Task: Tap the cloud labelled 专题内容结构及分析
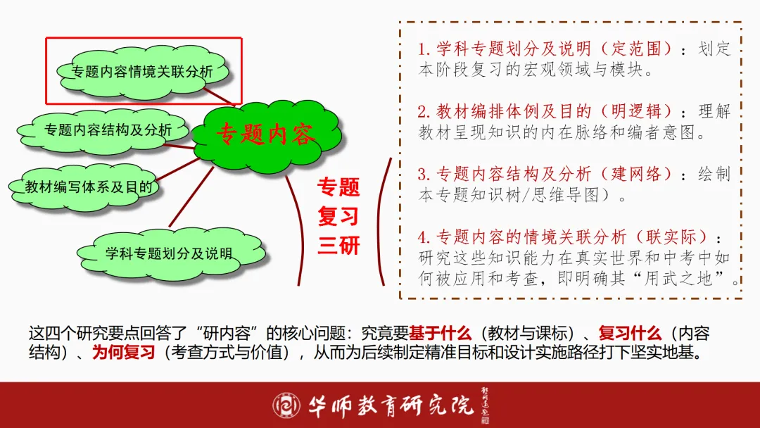(107, 130)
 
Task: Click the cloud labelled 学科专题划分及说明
(168, 253)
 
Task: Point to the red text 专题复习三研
(338, 216)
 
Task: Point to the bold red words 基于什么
(440, 333)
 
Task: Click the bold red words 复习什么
(630, 333)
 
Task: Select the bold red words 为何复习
(123, 353)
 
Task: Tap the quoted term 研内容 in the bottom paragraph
(229, 333)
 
